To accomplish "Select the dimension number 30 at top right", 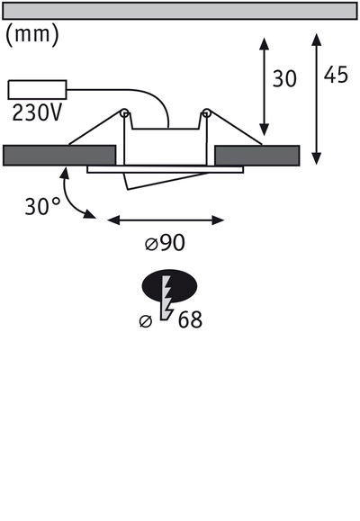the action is click(x=284, y=79).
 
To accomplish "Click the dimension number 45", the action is click(x=336, y=76).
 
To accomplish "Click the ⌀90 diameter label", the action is click(x=166, y=243).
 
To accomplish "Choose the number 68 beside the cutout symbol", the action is click(x=190, y=319).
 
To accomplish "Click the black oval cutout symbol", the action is click(x=168, y=287).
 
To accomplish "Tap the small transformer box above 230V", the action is click(x=36, y=90).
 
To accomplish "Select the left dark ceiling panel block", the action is click(x=60, y=155).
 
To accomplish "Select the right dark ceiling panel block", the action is click(x=258, y=155).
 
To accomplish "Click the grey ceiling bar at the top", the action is click(x=180, y=10).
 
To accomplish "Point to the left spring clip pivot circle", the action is click(x=124, y=113).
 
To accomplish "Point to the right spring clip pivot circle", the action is click(x=207, y=113).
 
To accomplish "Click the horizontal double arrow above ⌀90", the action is click(x=166, y=219).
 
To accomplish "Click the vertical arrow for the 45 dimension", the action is click(x=316, y=99).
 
